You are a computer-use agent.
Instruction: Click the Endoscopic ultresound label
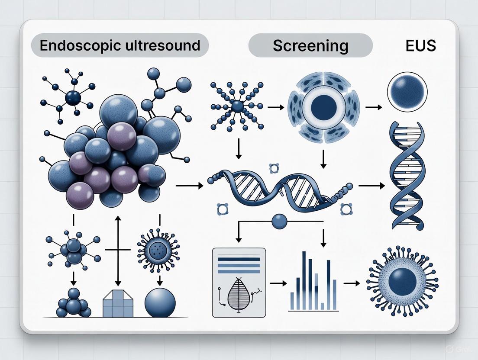click(119, 45)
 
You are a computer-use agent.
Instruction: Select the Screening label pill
click(310, 45)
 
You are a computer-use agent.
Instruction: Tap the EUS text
click(420, 45)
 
